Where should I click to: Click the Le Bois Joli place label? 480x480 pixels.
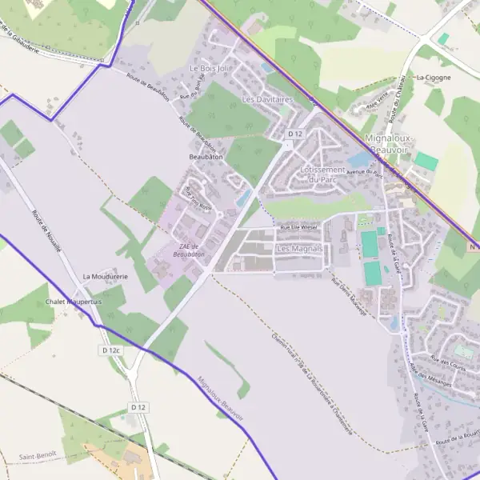click(x=210, y=70)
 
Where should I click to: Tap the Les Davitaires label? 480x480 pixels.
click(x=267, y=100)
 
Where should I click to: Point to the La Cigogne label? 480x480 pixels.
click(x=434, y=78)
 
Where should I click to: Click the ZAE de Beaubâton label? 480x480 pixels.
click(x=192, y=250)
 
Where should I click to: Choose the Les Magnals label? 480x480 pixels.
click(x=298, y=249)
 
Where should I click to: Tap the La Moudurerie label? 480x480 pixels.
click(x=106, y=276)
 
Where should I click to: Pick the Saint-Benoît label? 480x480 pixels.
click(x=38, y=456)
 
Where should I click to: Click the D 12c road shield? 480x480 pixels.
click(x=110, y=350)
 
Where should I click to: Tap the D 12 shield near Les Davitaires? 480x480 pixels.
click(x=296, y=134)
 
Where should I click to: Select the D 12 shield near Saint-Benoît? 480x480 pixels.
click(x=138, y=407)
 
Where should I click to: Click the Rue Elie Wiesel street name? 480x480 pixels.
click(x=299, y=228)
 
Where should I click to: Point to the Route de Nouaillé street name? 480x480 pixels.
click(x=47, y=231)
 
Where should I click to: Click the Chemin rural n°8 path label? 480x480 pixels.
click(x=311, y=381)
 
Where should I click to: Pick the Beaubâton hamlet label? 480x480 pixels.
click(x=206, y=157)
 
